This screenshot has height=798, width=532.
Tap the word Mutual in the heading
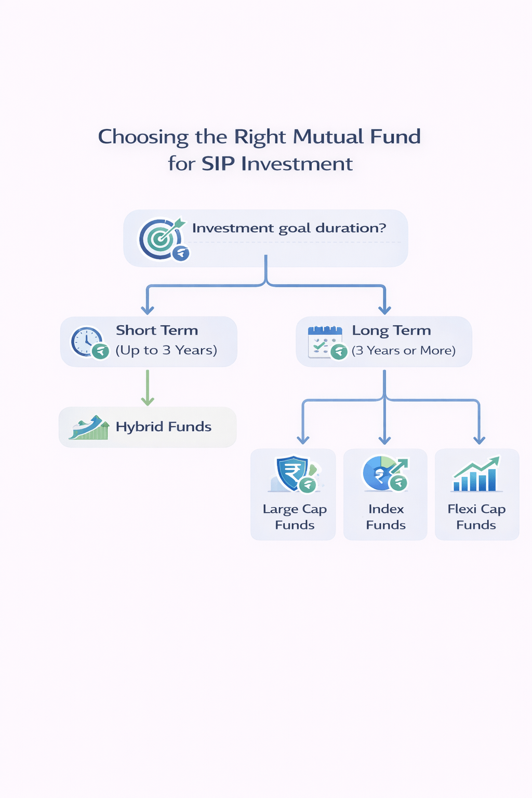(328, 137)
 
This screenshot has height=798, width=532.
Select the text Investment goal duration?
(289, 228)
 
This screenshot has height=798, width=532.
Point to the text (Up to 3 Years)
(166, 350)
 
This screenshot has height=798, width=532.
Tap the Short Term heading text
(157, 330)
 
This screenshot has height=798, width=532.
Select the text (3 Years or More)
(404, 351)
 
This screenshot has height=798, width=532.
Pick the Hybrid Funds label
(164, 427)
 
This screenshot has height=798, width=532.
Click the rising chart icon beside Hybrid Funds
(89, 428)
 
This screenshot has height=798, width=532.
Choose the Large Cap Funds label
(295, 517)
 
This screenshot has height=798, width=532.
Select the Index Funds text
(386, 517)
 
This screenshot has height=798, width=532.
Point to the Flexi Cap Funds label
(476, 517)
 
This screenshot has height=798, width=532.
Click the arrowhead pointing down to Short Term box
(148, 310)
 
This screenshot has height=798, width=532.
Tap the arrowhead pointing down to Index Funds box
(384, 440)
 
